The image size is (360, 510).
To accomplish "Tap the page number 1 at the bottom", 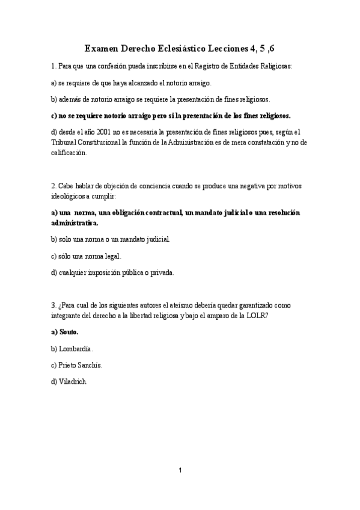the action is (180, 470).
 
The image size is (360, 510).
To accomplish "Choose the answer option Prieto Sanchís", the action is (80, 365).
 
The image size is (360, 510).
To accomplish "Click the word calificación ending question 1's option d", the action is (69, 153).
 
